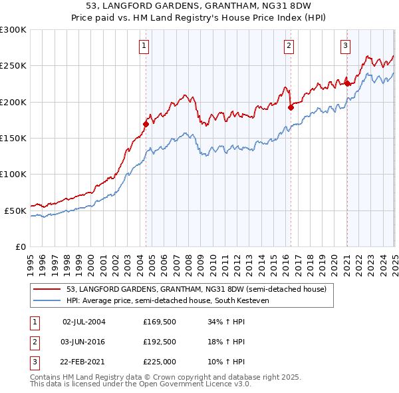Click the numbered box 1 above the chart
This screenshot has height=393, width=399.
click(x=144, y=46)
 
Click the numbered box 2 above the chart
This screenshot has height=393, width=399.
click(x=289, y=46)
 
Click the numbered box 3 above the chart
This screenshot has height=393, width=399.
click(x=346, y=46)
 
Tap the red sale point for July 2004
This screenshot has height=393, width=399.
click(x=146, y=124)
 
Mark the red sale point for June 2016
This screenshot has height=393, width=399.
click(x=291, y=107)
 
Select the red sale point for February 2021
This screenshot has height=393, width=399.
click(x=347, y=84)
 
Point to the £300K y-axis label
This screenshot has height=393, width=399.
click(x=13, y=30)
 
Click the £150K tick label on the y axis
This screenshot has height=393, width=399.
click(x=13, y=138)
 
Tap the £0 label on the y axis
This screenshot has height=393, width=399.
click(x=20, y=246)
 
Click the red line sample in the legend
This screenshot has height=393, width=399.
click(x=47, y=290)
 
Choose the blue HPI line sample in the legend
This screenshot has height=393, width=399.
click(x=47, y=301)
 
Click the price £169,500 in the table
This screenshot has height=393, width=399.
click(x=159, y=322)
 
